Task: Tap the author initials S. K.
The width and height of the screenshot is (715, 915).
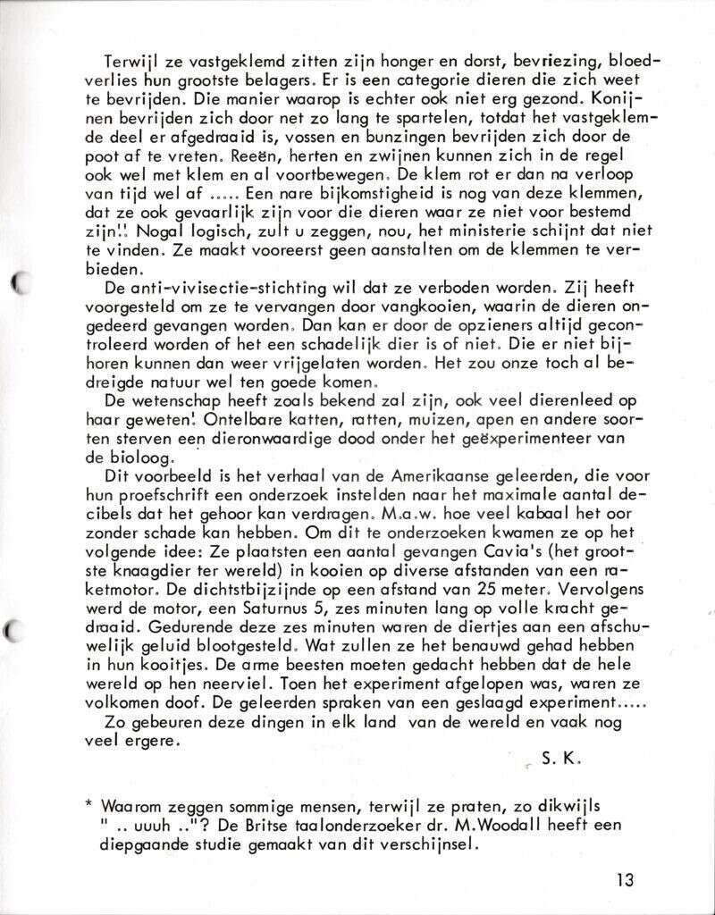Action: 560,760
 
